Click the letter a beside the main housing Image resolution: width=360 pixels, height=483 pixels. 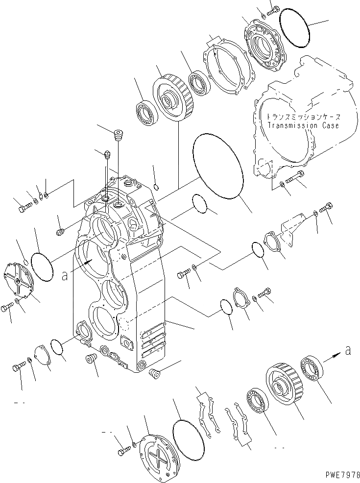point(65,276)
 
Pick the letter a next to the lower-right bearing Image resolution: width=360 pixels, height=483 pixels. point(348,350)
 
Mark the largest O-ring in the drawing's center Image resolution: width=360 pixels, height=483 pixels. point(218,167)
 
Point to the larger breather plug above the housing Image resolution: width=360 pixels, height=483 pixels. point(117,134)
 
